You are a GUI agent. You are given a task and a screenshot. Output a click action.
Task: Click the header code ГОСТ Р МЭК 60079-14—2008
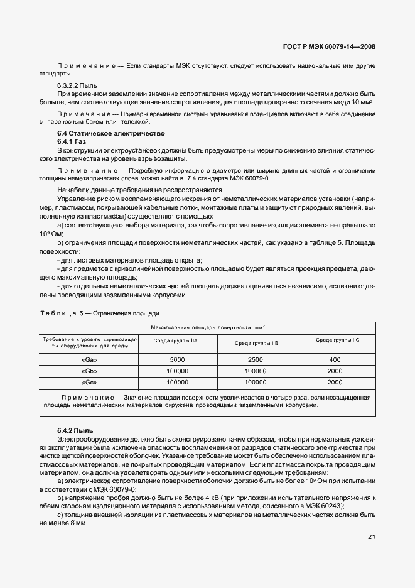(330, 46)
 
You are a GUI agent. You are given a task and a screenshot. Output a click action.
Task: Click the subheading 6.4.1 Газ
(72, 142)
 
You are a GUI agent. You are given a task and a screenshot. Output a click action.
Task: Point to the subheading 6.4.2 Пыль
(75, 429)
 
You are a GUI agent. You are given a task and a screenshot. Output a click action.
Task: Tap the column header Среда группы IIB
(256, 343)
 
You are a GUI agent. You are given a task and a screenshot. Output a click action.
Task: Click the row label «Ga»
(89, 359)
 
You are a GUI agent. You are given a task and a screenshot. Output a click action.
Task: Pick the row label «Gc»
(89, 382)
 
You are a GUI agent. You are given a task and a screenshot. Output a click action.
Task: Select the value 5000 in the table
(177, 359)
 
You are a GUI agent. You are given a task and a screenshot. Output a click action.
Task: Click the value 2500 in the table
(256, 359)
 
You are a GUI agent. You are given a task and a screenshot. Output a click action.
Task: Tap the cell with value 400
(335, 359)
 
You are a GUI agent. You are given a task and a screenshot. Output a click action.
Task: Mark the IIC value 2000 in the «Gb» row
(335, 371)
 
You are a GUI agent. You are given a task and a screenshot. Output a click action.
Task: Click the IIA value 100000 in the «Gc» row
(177, 382)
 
